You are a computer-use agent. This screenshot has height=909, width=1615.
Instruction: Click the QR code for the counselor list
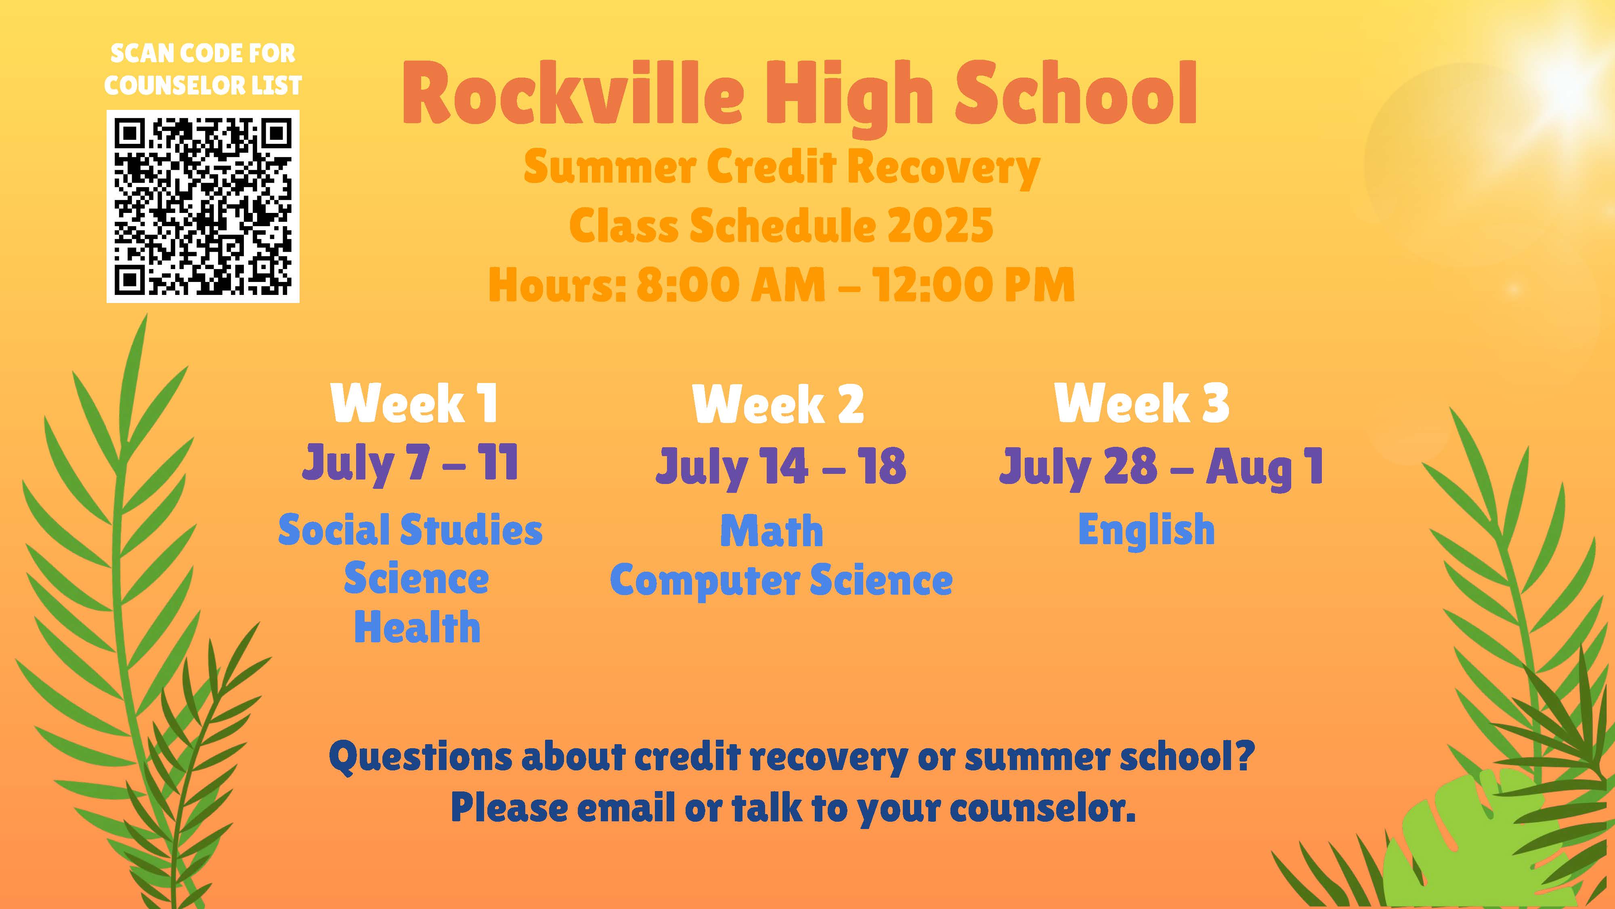[x=203, y=206]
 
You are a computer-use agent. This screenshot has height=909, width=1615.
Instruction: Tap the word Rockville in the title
[x=573, y=94]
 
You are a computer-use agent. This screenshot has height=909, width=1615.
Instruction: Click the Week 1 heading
[x=414, y=403]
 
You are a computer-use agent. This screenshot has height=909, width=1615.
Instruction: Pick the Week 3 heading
[x=1142, y=403]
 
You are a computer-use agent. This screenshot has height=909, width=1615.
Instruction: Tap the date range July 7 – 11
[x=410, y=464]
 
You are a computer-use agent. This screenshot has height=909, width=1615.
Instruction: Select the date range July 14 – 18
[x=780, y=466]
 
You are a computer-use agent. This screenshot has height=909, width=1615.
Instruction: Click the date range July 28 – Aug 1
[x=1161, y=467]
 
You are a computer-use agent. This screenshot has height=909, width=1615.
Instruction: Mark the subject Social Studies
[x=410, y=530]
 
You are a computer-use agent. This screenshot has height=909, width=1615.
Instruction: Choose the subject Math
[x=772, y=531]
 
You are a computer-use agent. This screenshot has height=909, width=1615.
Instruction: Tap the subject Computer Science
[x=781, y=580]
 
